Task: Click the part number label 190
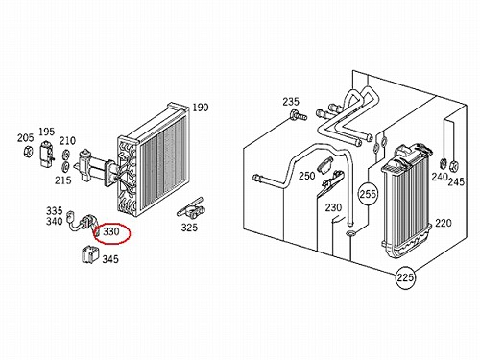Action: click(201, 108)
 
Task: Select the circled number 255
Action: click(368, 194)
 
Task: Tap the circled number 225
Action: click(405, 277)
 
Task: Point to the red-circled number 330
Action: click(111, 231)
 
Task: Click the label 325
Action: click(189, 228)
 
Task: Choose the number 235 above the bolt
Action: click(291, 102)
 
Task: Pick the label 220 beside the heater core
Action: click(444, 223)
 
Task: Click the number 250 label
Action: click(307, 176)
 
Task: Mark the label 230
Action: click(333, 207)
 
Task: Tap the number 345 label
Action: click(110, 258)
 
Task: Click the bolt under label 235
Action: click(298, 115)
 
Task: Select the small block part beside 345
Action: click(90, 254)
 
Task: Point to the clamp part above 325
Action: click(191, 208)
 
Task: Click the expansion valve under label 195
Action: click(47, 154)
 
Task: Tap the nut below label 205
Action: click(28, 151)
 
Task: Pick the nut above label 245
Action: click(454, 165)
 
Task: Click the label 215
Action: click(63, 180)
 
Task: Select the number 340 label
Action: click(55, 221)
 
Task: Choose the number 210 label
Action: click(67, 140)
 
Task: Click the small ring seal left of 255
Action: click(350, 233)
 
